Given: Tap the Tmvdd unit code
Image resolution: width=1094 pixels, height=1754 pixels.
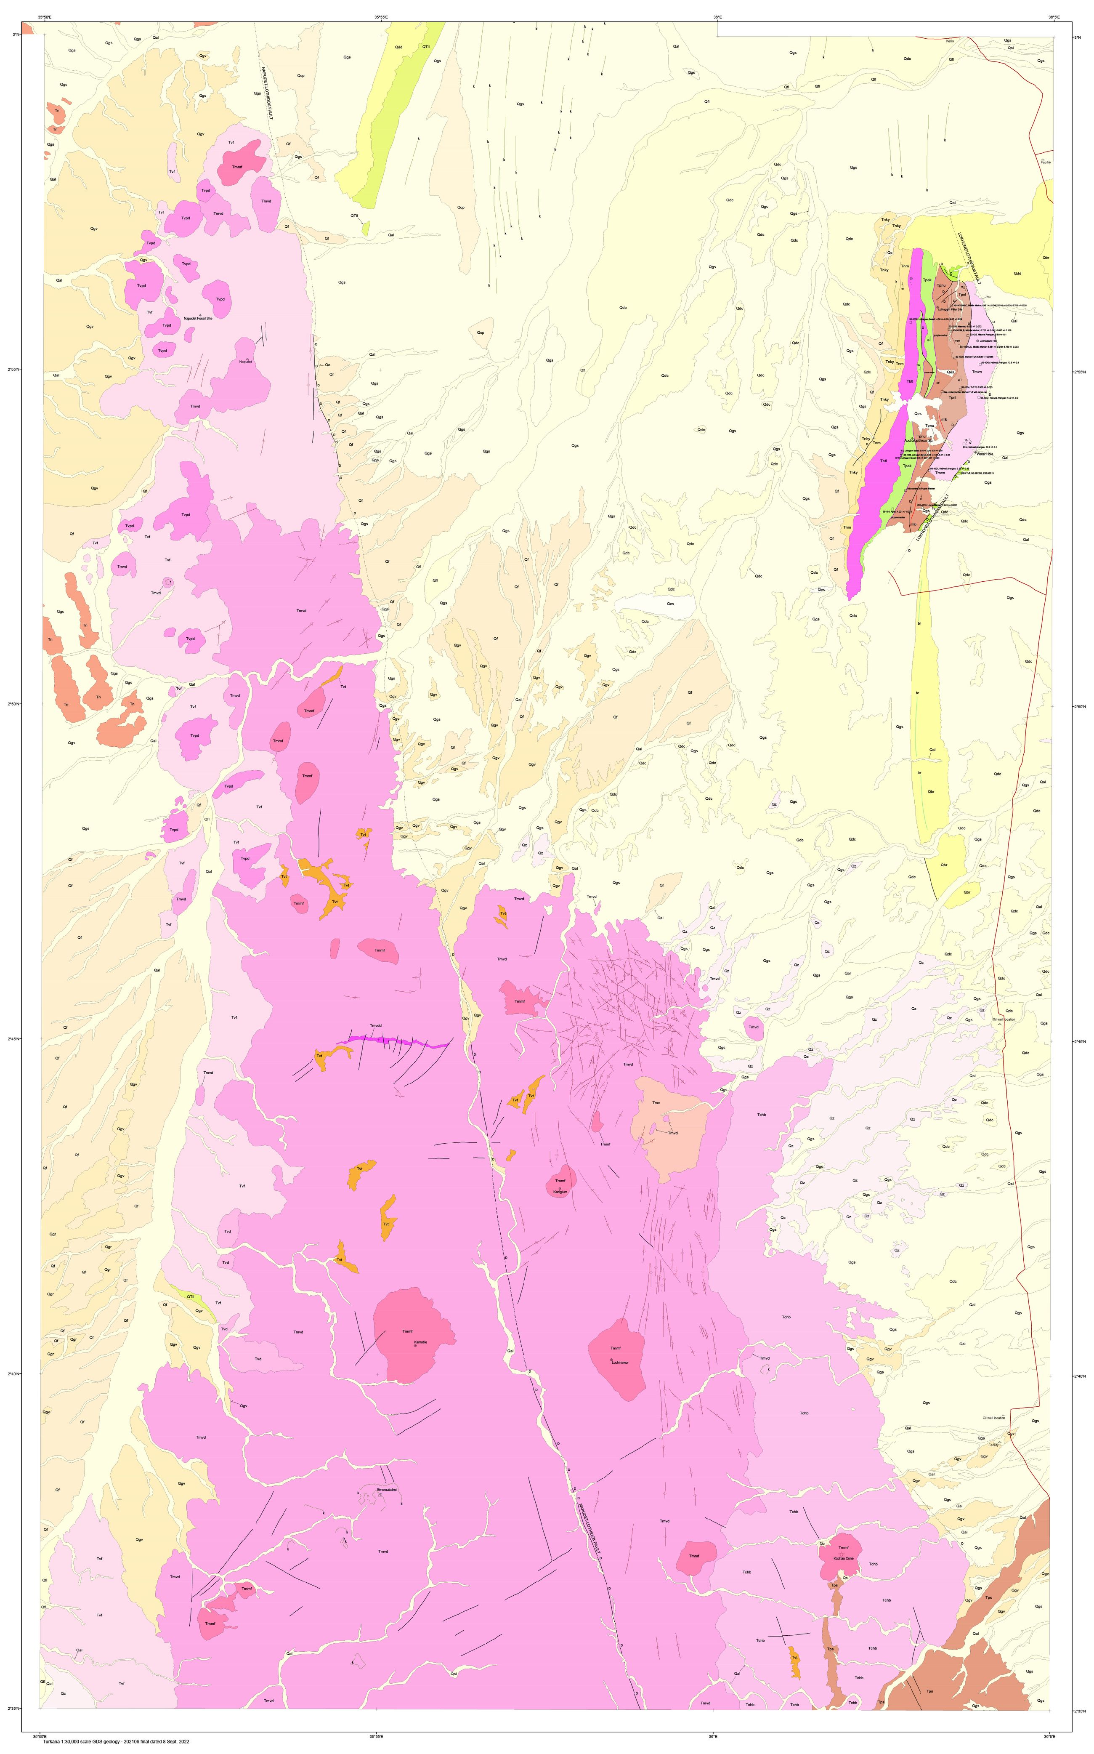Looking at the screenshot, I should tap(375, 1026).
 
